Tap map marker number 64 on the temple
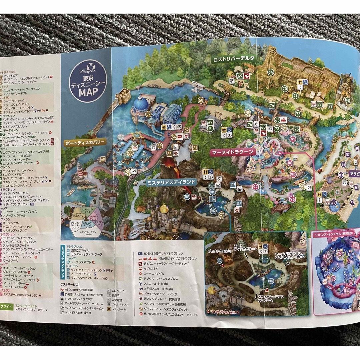[270, 72]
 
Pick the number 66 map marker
[348, 100]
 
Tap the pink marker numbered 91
[293, 139]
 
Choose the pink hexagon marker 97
[255, 187]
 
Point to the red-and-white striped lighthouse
[80, 170]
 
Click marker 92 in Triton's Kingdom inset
[340, 253]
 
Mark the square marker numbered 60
[102, 159]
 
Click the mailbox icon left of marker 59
[153, 147]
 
